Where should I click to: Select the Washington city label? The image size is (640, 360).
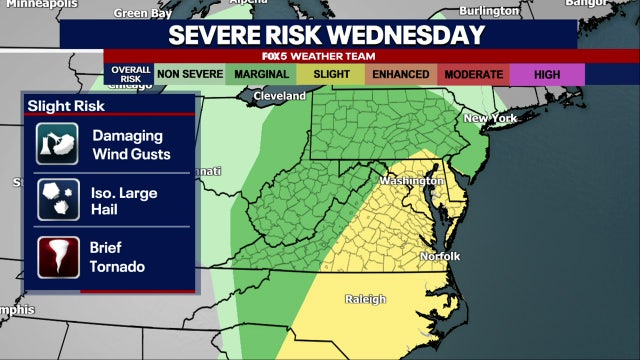coord(411,181)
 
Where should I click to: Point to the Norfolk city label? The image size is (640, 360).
coord(438,256)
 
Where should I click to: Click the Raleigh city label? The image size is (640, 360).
coord(365,299)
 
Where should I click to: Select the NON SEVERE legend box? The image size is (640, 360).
coord(188,74)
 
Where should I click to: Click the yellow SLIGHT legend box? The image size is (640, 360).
coord(330,74)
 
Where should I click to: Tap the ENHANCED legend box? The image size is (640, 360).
coord(400,74)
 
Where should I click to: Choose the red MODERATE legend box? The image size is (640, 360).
coord(472,74)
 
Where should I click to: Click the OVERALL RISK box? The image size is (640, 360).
coord(127,74)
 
